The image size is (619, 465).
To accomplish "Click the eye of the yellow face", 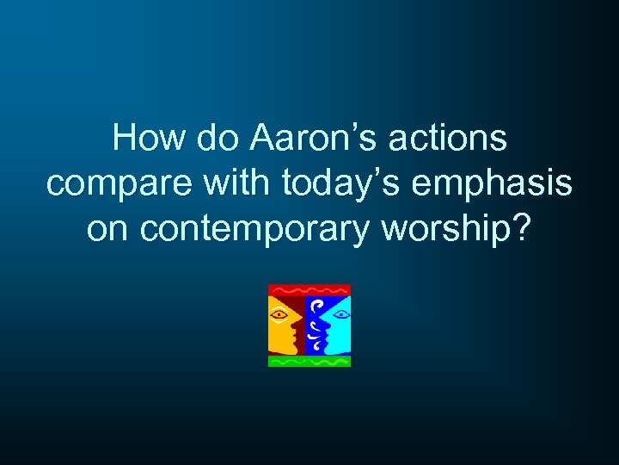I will click(x=279, y=313).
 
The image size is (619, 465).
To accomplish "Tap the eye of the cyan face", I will click(x=340, y=314).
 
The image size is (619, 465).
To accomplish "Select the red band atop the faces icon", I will click(x=309, y=290).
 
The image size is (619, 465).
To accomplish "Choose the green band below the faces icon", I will click(x=309, y=362).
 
